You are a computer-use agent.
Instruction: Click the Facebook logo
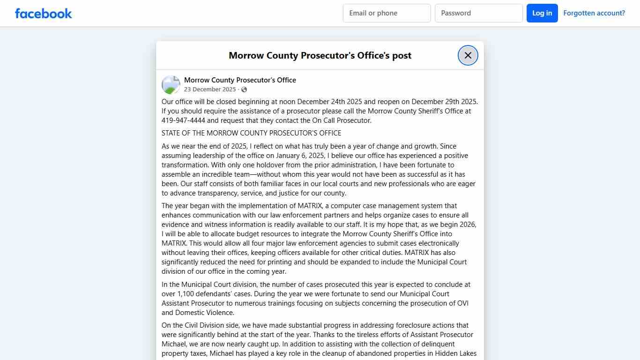(44, 13)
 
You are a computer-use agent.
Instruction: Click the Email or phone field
(387, 13)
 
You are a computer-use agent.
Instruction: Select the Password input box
(478, 13)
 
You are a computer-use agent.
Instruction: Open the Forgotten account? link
(594, 13)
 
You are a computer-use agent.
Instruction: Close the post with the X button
(468, 55)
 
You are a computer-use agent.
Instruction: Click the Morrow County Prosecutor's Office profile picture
(171, 85)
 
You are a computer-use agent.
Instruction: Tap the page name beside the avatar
(240, 80)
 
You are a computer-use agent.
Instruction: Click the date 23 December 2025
(210, 90)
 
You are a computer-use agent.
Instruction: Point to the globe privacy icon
(244, 90)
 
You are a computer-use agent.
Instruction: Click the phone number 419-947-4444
(183, 120)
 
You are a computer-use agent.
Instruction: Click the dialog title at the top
(320, 55)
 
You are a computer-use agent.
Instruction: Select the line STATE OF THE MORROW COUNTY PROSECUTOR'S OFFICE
(251, 133)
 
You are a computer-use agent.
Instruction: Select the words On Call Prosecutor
(341, 120)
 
